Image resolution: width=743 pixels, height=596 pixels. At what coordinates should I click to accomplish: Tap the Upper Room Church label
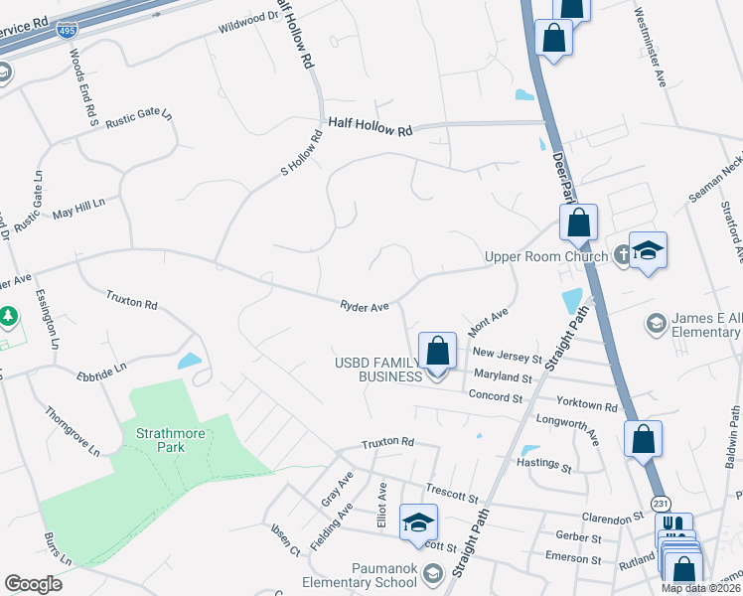pyautogui.click(x=544, y=257)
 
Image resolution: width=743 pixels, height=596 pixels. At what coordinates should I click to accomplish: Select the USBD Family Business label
pyautogui.click(x=376, y=369)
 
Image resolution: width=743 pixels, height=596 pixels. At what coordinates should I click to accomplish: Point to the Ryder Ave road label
pyautogui.click(x=365, y=308)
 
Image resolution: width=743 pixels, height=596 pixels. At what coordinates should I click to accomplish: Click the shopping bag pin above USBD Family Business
pyautogui.click(x=437, y=351)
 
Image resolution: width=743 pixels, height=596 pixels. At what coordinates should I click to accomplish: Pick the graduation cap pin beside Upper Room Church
pyautogui.click(x=648, y=250)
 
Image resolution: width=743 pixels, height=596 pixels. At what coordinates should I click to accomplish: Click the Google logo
pyautogui.click(x=33, y=583)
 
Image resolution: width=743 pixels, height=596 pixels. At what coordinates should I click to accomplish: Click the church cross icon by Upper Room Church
pyautogui.click(x=622, y=254)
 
